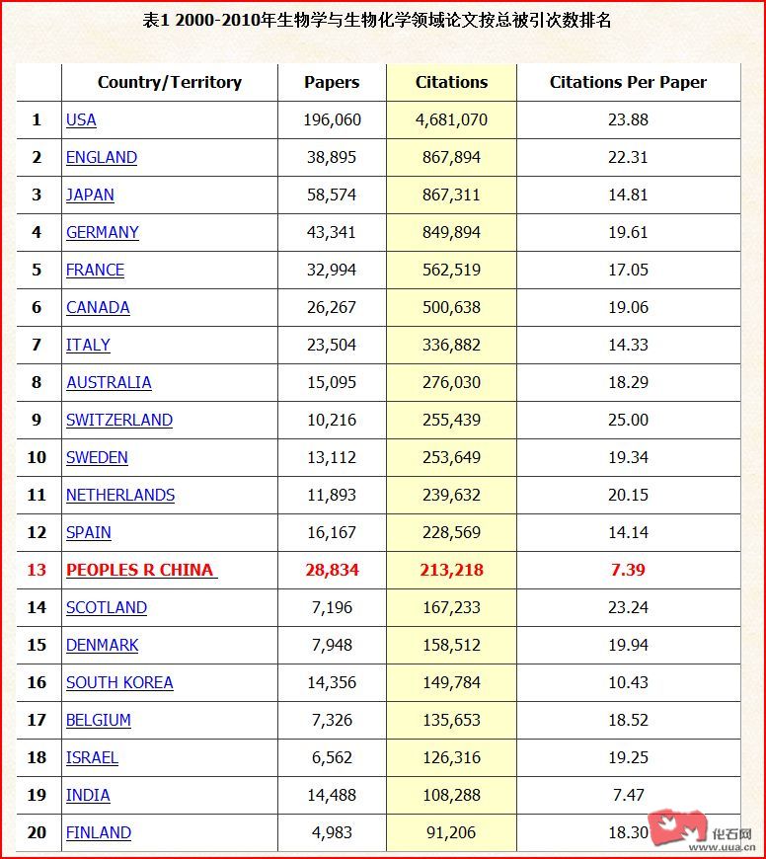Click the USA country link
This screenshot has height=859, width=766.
point(81,120)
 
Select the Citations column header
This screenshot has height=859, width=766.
point(451,83)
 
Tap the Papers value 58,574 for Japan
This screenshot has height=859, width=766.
point(332,195)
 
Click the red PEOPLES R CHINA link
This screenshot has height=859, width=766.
point(141,571)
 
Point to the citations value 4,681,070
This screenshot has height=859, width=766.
point(451,120)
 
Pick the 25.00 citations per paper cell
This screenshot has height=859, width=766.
point(628,421)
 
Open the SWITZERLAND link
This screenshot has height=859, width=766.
point(118,421)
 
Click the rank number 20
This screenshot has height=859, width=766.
point(37,833)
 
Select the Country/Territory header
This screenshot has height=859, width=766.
point(170,83)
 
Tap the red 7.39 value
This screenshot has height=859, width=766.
point(628,571)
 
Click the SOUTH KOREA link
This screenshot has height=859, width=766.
point(119,683)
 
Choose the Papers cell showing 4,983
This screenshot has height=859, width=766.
point(332,833)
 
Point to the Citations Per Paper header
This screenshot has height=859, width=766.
point(628,83)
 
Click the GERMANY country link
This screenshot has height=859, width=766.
point(103,233)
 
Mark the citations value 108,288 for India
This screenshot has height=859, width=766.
point(451,796)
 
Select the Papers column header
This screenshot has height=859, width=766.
point(332,83)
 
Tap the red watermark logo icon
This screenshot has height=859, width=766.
point(678,828)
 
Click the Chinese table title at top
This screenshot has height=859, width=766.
point(383,20)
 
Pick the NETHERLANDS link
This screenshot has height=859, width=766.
point(120,496)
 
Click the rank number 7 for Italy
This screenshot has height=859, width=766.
point(37,346)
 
